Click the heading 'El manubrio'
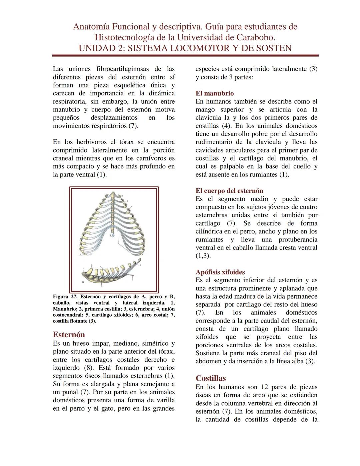click(x=215, y=93)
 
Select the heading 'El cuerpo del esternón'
click(x=229, y=191)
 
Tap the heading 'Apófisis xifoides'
click(x=220, y=272)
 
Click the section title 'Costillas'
click(x=211, y=378)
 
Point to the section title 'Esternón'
click(x=69, y=335)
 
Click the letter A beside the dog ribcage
click(x=80, y=255)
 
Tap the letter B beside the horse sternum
click(x=83, y=282)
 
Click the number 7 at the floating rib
click(x=142, y=255)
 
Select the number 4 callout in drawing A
click(x=132, y=206)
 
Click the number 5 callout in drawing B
click(x=132, y=280)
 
